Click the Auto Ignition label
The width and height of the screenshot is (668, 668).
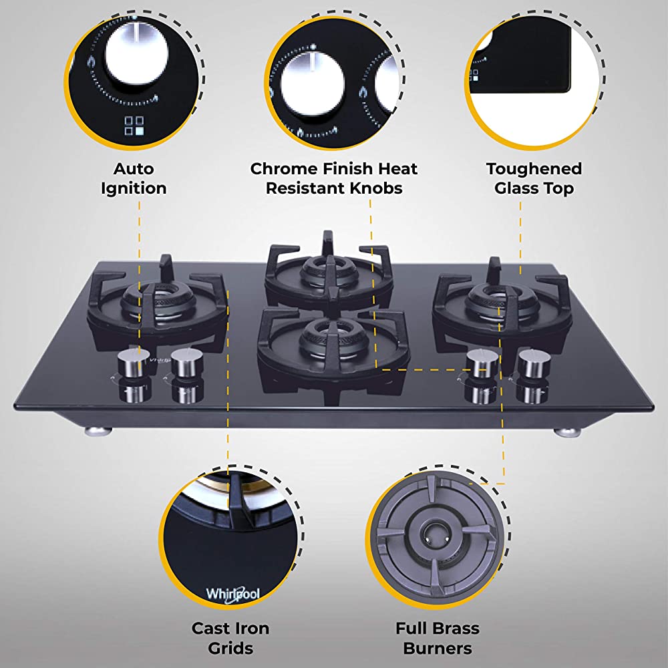[x=134, y=178]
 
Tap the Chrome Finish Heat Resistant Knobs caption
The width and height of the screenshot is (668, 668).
[x=334, y=178]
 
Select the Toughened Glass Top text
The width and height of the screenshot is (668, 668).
[x=534, y=178]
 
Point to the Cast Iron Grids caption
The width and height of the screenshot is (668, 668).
[x=230, y=638]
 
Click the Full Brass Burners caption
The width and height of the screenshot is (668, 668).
[x=437, y=638]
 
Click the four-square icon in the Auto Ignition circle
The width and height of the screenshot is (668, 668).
[x=134, y=126]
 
